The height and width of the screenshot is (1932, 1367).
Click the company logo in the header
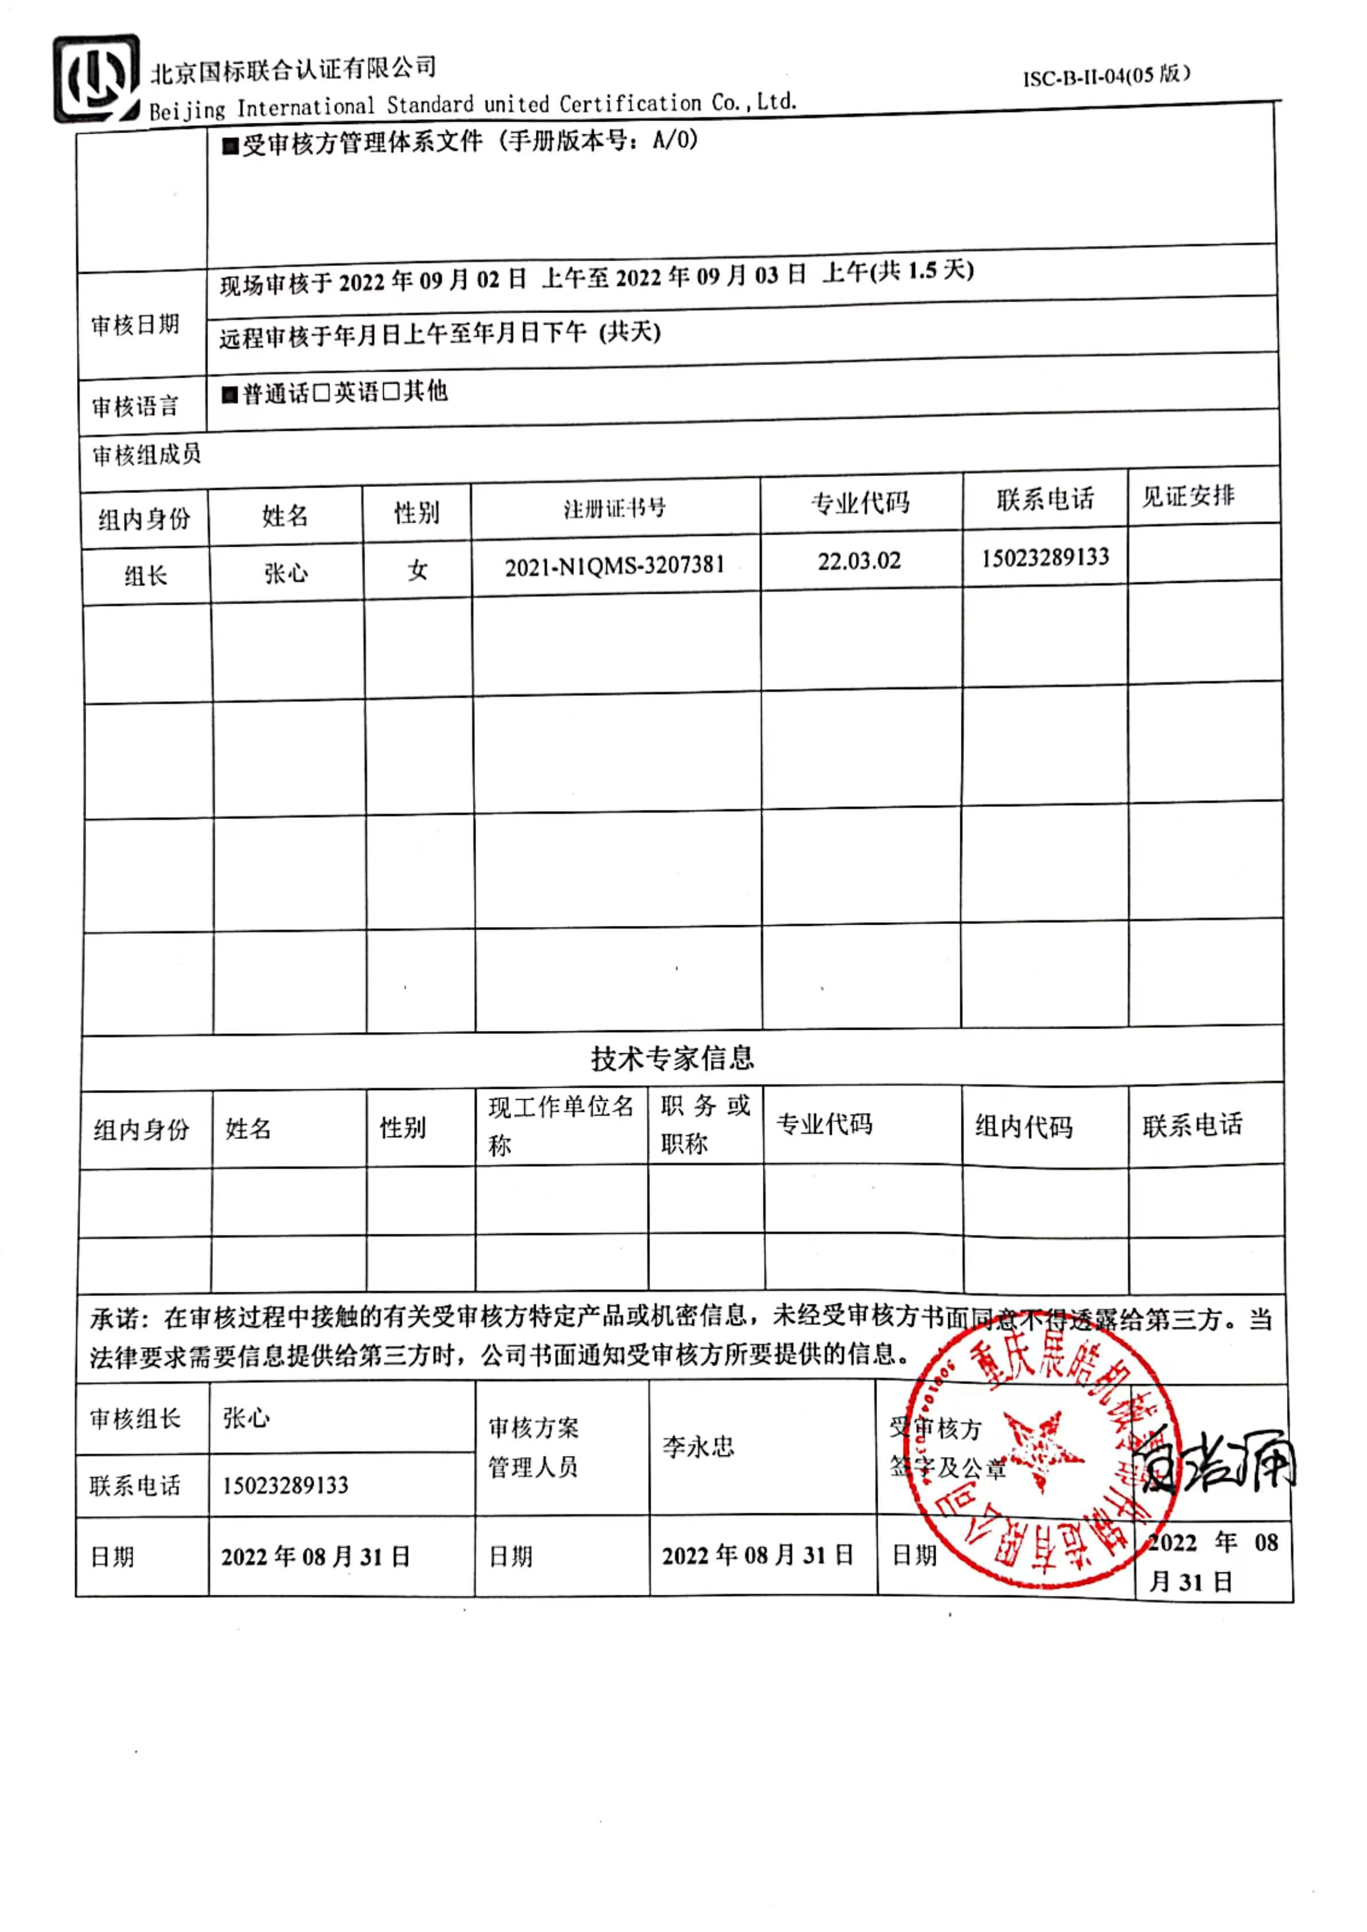tap(96, 79)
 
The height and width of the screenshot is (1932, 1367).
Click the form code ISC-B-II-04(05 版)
tap(1106, 76)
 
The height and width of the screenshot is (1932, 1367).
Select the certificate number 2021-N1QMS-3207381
tap(615, 566)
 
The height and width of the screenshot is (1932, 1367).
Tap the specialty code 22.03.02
tap(859, 561)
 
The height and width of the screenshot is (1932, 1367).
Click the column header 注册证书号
tap(615, 508)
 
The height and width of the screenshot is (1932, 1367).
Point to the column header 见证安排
tap(1188, 496)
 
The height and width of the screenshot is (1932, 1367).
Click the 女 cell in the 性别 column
tap(418, 570)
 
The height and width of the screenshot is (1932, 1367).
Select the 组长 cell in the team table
tap(146, 575)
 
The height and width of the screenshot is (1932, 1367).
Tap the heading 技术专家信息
tap(671, 1058)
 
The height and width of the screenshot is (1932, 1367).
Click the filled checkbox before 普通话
tap(230, 394)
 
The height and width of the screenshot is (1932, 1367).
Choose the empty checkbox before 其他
tap(391, 392)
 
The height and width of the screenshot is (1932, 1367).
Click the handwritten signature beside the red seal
tap(1221, 1462)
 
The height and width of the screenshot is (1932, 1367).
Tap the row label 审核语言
tap(134, 407)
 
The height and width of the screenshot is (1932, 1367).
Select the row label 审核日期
tap(134, 325)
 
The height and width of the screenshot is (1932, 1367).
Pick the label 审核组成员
tap(146, 455)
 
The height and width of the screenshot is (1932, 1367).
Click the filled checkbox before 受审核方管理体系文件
tap(230, 146)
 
